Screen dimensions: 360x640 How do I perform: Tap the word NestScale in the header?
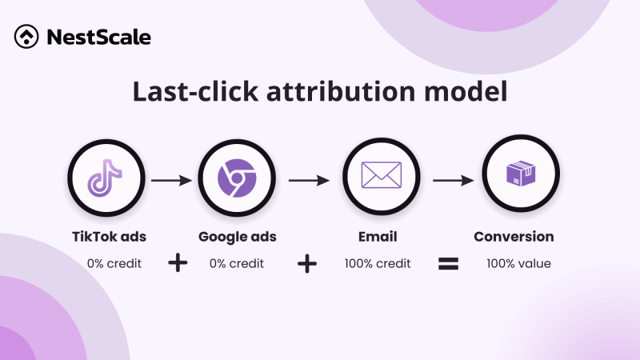[98, 37]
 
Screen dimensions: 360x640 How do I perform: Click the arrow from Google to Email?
[309, 182]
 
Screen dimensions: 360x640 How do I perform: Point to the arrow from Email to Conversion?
[453, 182]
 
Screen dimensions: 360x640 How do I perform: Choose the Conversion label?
[514, 237]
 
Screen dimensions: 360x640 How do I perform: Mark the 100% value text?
[518, 262]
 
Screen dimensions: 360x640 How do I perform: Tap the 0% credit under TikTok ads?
[114, 262]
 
